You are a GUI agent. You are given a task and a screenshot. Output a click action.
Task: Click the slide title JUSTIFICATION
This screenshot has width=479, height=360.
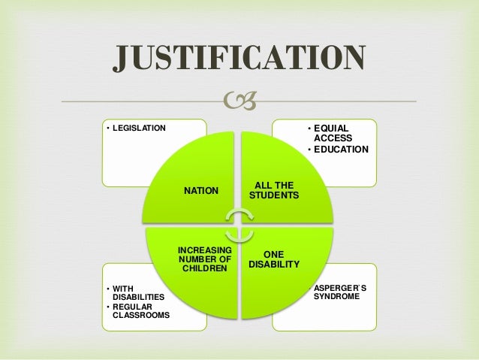point(239,59)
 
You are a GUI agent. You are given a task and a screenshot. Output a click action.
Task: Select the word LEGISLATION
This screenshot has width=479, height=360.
point(139,128)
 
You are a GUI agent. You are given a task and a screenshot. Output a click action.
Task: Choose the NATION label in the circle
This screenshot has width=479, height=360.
point(201,191)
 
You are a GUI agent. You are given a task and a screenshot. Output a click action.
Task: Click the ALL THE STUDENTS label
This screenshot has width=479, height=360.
point(274,190)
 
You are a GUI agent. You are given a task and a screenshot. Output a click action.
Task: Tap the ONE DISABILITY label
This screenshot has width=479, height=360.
point(274,259)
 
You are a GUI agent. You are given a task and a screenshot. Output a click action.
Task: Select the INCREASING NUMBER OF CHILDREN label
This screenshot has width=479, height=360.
point(204,258)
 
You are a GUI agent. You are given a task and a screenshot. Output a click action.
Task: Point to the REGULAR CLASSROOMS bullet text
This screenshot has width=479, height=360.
point(140,310)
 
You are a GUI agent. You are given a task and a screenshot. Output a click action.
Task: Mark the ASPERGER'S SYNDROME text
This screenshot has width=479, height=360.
point(336,292)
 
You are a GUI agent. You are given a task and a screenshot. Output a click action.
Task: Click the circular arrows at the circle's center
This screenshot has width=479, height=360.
point(239,225)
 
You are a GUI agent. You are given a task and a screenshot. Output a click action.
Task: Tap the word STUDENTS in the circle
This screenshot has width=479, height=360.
point(274,195)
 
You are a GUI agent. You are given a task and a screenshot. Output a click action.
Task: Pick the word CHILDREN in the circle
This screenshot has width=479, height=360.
point(204,268)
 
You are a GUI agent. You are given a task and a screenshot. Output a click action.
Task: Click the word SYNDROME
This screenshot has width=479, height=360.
point(336,297)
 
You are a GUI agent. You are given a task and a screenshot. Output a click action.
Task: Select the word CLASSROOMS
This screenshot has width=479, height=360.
point(140,315)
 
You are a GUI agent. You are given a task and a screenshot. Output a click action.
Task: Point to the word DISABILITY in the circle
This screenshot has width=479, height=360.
point(274,265)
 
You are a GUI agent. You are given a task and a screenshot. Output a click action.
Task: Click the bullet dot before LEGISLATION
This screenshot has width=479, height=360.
point(108,128)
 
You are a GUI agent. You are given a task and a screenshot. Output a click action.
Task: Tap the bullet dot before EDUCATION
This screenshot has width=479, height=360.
point(309,150)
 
